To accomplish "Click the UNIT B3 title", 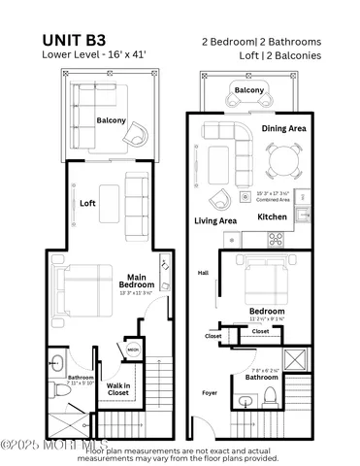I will [x=80, y=40].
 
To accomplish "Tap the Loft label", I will [x=88, y=204].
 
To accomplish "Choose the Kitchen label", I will [x=272, y=216].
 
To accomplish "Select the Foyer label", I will [x=210, y=393].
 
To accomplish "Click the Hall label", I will [x=204, y=274].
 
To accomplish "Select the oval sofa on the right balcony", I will [x=248, y=94].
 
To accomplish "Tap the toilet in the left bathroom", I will [x=57, y=365].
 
